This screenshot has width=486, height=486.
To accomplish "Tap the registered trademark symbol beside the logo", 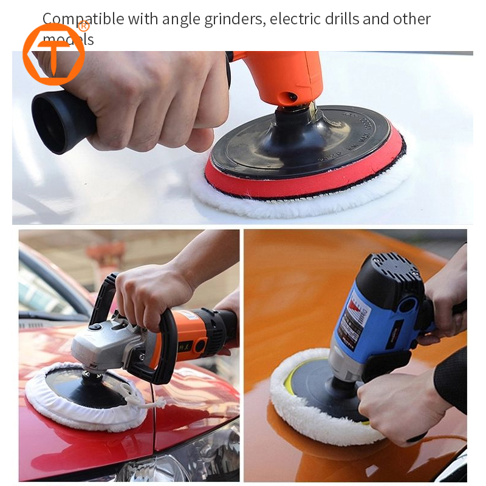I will (x=84, y=26).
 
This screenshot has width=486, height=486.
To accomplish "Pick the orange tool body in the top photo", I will (x=286, y=76).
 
